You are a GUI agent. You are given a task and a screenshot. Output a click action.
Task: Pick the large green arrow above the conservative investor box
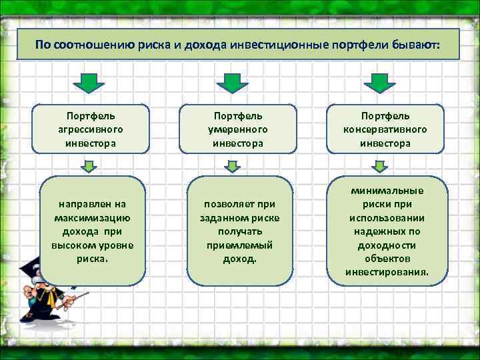pyautogui.click(x=377, y=83)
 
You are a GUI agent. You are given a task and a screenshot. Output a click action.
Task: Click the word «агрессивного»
pyautogui.click(x=91, y=129)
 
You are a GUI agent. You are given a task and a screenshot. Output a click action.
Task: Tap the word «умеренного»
pyautogui.click(x=238, y=129)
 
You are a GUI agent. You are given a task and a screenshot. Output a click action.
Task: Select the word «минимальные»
pyautogui.click(x=387, y=191)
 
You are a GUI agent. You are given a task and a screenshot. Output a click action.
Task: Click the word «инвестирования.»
pyautogui.click(x=387, y=272)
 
